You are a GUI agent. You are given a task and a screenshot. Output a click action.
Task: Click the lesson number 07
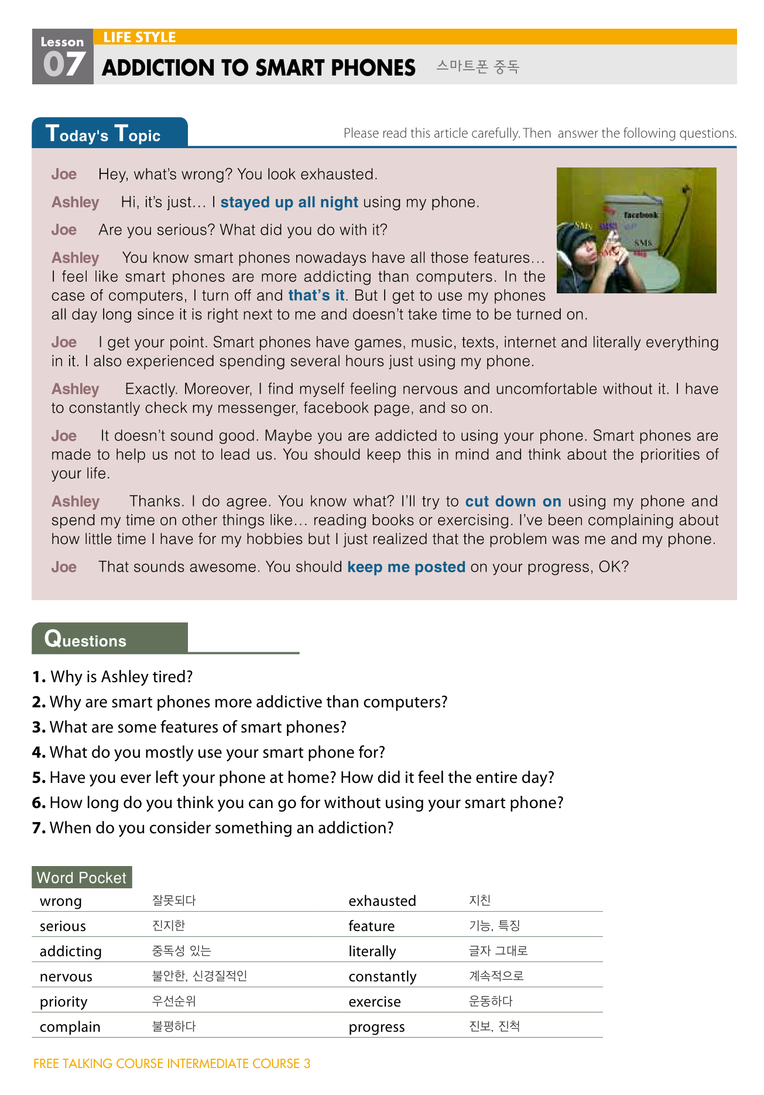[64, 64]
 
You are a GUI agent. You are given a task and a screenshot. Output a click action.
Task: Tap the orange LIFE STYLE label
[139, 37]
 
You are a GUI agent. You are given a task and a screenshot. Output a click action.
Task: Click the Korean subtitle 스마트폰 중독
[477, 67]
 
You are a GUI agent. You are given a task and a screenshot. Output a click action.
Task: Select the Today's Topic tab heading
[103, 134]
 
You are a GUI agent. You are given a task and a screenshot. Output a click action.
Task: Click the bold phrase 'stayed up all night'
[289, 203]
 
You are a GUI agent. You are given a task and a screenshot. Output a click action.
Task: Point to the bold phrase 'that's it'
[316, 296]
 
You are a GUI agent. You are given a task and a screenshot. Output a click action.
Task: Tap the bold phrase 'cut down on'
[513, 502]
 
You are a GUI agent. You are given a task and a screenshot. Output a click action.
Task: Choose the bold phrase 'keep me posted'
[406, 567]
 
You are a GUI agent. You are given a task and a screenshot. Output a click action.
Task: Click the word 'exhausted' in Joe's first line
[341, 174]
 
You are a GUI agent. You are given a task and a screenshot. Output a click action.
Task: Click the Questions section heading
[85, 639]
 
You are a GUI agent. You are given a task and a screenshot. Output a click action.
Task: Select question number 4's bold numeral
[39, 752]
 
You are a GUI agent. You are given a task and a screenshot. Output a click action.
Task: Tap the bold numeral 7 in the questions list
[39, 828]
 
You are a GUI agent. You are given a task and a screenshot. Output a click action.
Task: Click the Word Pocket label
[81, 878]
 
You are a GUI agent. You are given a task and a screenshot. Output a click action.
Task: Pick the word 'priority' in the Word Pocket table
[63, 1002]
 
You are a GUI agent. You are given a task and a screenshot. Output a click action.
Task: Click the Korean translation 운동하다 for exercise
[491, 1001]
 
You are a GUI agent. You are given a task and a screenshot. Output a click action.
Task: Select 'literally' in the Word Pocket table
[372, 952]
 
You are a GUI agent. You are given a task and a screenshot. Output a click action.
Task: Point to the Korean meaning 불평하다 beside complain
[174, 1026]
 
